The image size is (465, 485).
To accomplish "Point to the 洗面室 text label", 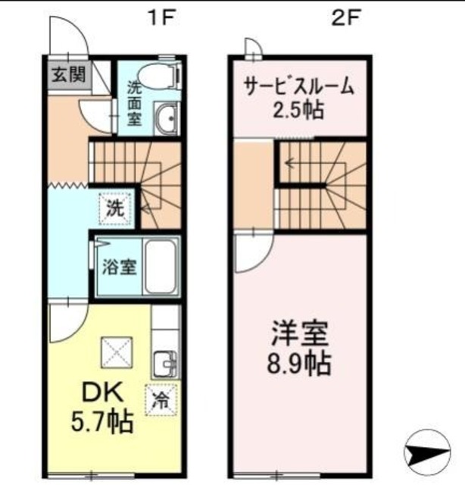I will [133, 102].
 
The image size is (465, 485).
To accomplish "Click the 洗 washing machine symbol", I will [116, 206].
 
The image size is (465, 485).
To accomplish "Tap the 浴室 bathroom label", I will [119, 267].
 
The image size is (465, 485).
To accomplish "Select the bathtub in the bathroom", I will [160, 268].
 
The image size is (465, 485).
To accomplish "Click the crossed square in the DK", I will [117, 351].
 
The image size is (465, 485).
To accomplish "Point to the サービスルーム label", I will [298, 86].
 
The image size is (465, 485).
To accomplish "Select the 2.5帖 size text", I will [298, 110].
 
